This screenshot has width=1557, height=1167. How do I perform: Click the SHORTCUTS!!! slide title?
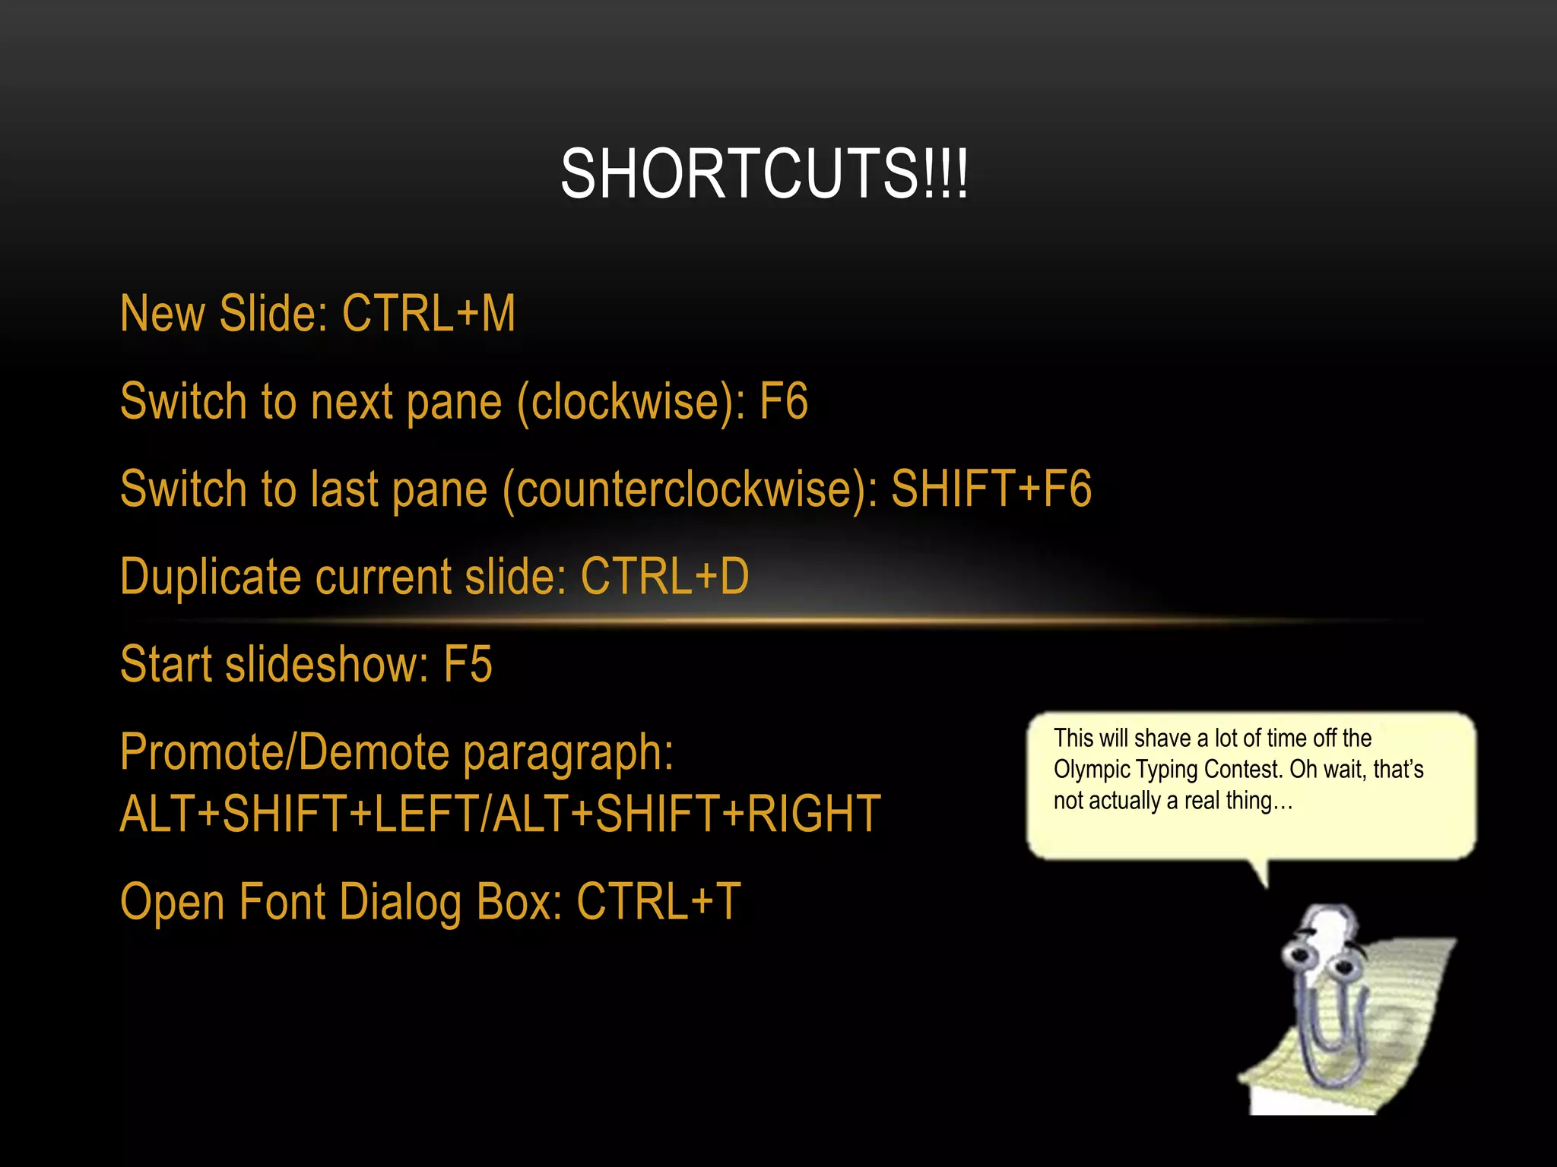(x=764, y=175)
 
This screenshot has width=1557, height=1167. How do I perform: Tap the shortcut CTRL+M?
(x=429, y=313)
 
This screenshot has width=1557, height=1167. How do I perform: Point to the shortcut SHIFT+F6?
(x=991, y=489)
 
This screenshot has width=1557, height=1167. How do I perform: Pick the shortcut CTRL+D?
(x=664, y=576)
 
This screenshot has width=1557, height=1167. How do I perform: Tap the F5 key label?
(x=468, y=664)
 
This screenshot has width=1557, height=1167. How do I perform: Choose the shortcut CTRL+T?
(x=658, y=902)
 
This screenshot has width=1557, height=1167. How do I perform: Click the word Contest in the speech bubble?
(x=1244, y=770)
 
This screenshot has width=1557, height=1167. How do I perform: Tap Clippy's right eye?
(x=1343, y=967)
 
